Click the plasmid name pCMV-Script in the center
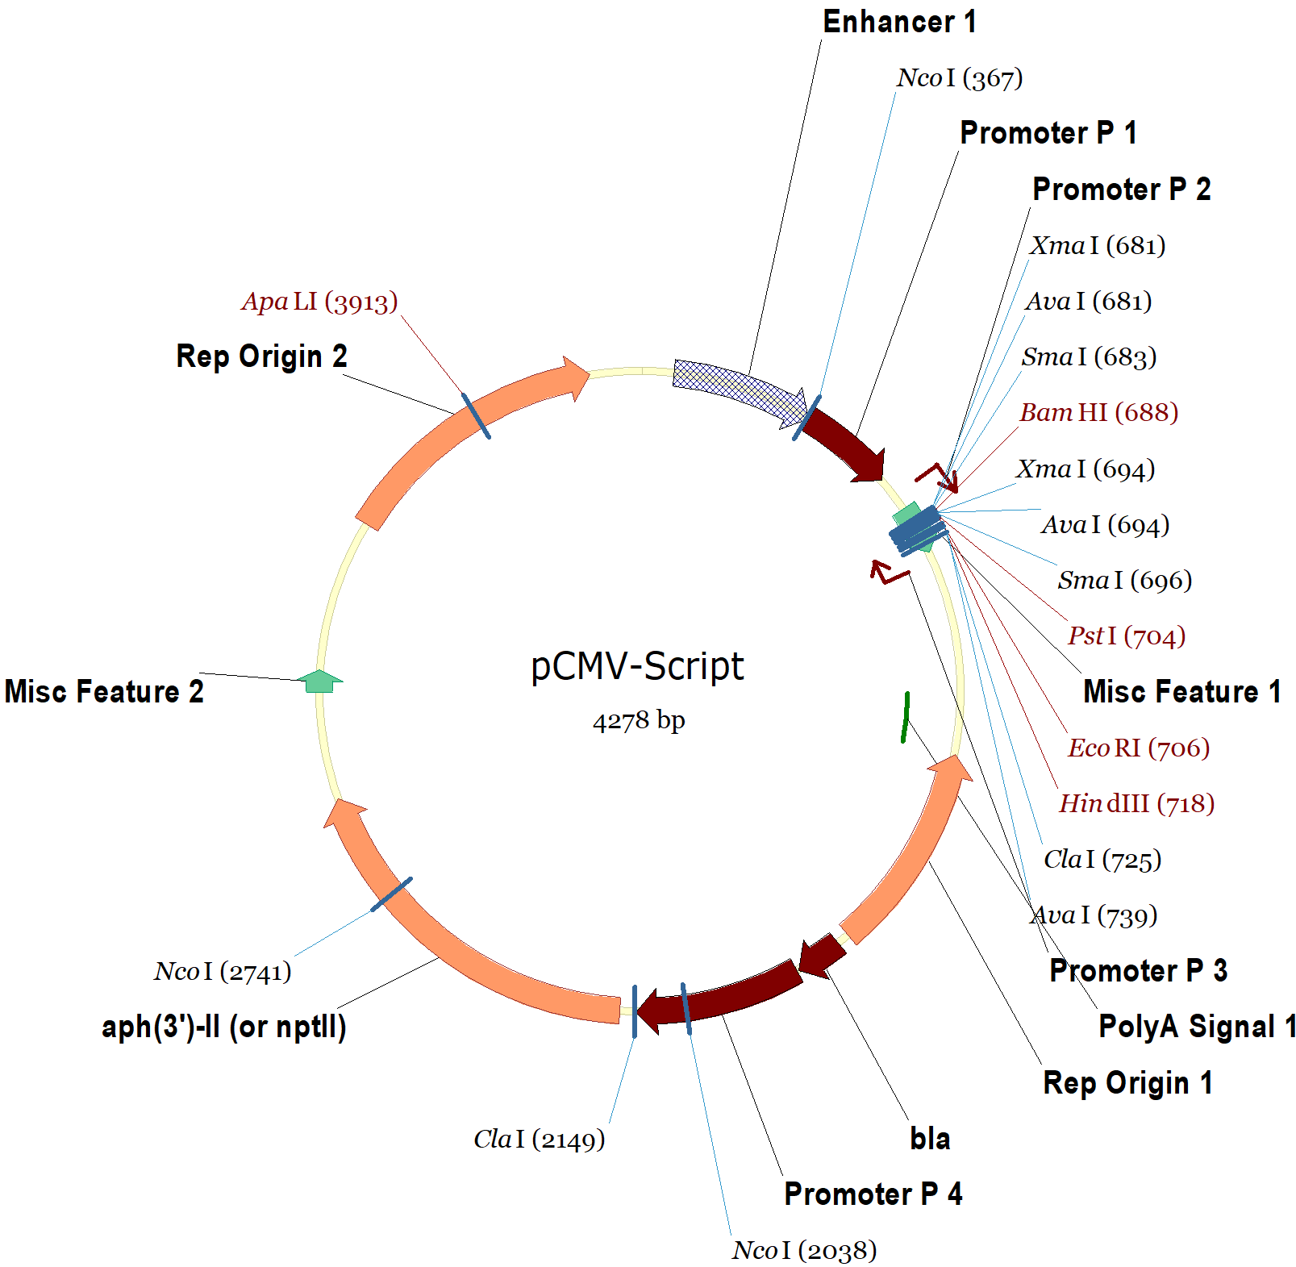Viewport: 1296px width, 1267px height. (x=637, y=666)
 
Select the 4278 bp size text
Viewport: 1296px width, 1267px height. (x=638, y=719)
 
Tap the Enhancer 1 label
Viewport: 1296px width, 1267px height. (x=898, y=22)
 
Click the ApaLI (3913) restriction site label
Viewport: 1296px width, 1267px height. (x=319, y=302)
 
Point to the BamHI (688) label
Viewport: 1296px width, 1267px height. (x=1098, y=413)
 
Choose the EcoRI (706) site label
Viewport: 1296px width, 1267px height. (x=1138, y=748)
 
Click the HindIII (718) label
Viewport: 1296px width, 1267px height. (x=1136, y=804)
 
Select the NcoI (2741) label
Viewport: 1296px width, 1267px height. (x=223, y=972)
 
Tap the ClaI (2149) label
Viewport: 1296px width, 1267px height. (x=539, y=1140)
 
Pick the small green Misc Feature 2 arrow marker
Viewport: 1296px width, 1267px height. (x=320, y=681)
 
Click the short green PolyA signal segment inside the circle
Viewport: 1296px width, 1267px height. (x=906, y=716)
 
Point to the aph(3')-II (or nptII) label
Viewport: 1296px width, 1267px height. (x=223, y=1027)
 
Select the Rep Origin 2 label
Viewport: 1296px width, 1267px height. (x=261, y=356)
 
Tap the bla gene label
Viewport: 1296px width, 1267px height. (x=929, y=1139)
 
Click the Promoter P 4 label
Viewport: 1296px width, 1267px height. (x=873, y=1194)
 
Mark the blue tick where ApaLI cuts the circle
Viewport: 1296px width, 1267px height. (x=476, y=415)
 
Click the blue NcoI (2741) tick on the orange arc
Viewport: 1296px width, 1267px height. (x=391, y=894)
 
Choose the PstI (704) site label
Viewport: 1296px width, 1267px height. (x=1126, y=636)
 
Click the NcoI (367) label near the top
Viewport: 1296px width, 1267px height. (x=959, y=78)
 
